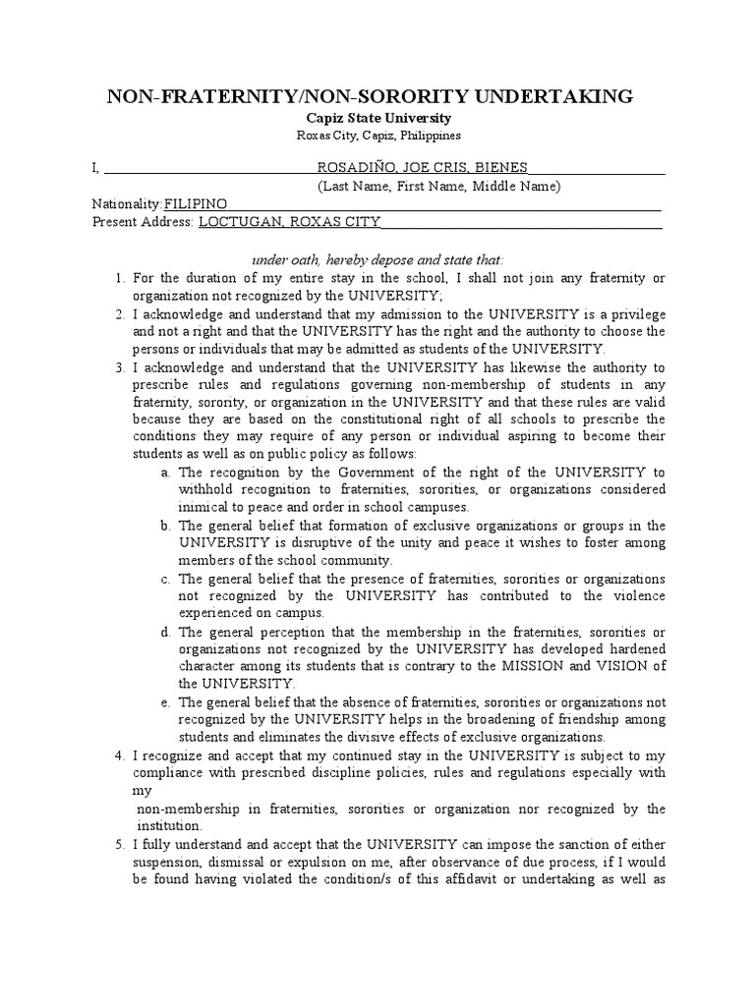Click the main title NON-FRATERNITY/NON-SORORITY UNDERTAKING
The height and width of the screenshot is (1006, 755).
(x=377, y=95)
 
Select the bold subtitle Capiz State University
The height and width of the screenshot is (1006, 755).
(x=377, y=118)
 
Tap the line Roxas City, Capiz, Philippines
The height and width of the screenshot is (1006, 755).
(x=377, y=136)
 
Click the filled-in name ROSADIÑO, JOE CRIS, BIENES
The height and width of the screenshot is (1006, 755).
(x=422, y=167)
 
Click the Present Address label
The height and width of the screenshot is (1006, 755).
(x=143, y=222)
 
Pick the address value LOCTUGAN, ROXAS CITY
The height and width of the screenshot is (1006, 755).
(x=289, y=222)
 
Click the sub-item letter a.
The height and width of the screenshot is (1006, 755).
(x=165, y=473)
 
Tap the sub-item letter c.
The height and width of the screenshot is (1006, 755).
(x=165, y=579)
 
